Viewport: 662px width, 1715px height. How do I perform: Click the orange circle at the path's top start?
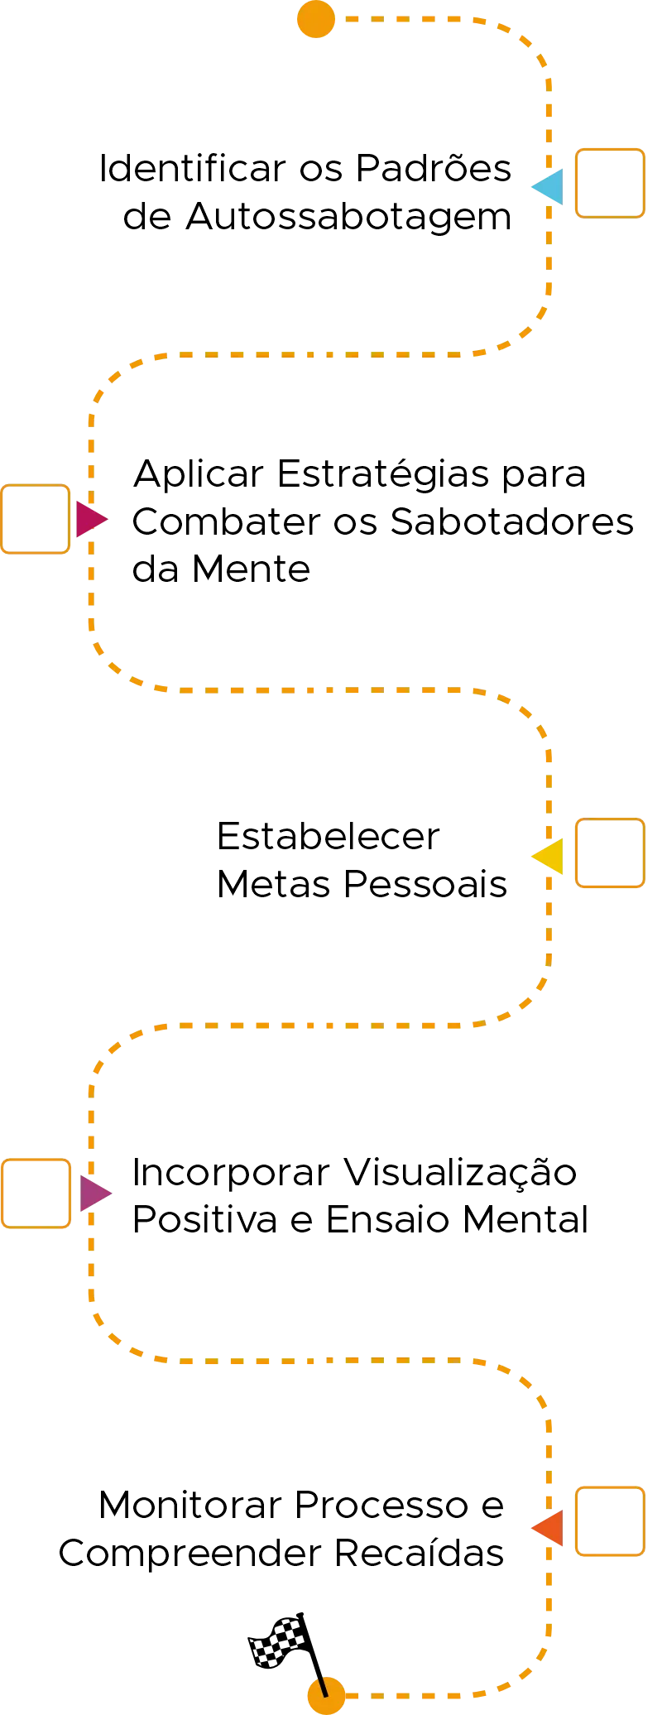pos(317,20)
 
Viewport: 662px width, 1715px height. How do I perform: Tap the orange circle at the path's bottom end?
pos(324,1696)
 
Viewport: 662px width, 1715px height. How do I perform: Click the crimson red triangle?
pos(89,519)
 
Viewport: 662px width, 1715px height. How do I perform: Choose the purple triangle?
pos(93,1193)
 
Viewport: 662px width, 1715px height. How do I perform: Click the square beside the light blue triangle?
pos(611,183)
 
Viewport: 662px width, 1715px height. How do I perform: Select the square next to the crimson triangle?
pos(36,519)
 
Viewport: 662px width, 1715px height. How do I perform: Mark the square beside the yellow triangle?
pos(611,853)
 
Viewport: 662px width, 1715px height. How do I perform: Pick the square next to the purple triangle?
pos(36,1193)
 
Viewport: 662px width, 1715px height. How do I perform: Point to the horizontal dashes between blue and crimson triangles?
pos(314,358)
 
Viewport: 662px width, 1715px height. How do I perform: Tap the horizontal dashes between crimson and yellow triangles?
pos(314,689)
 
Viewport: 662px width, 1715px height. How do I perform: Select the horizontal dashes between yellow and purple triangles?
pos(314,1026)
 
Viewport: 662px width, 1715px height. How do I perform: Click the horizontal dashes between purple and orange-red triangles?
pos(314,1360)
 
